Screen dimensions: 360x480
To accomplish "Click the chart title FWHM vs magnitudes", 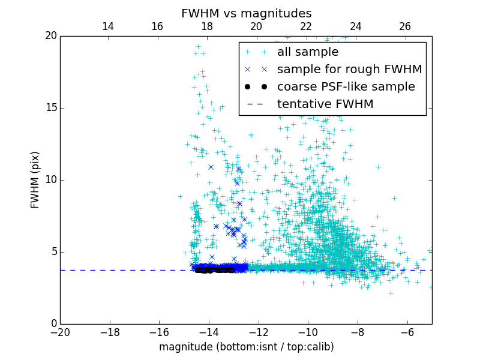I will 246,13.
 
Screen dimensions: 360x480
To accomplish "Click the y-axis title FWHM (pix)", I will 35,180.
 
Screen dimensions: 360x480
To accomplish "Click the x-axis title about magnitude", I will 246,347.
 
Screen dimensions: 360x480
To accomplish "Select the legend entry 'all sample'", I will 307,52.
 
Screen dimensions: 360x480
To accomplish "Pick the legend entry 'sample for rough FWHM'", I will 349,70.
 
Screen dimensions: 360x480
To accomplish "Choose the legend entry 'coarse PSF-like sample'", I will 346,87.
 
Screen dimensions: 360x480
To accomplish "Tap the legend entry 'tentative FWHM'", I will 325,104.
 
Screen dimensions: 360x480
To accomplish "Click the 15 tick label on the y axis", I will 50,108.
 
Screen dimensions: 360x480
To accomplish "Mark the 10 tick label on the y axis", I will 50,180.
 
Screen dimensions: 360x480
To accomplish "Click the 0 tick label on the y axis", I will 53,324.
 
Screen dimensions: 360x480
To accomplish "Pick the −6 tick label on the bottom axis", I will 407,332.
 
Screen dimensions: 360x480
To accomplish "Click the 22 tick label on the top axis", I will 306,26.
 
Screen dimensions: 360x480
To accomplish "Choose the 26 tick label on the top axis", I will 405,26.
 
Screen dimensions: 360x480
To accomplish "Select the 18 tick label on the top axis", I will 207,26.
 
